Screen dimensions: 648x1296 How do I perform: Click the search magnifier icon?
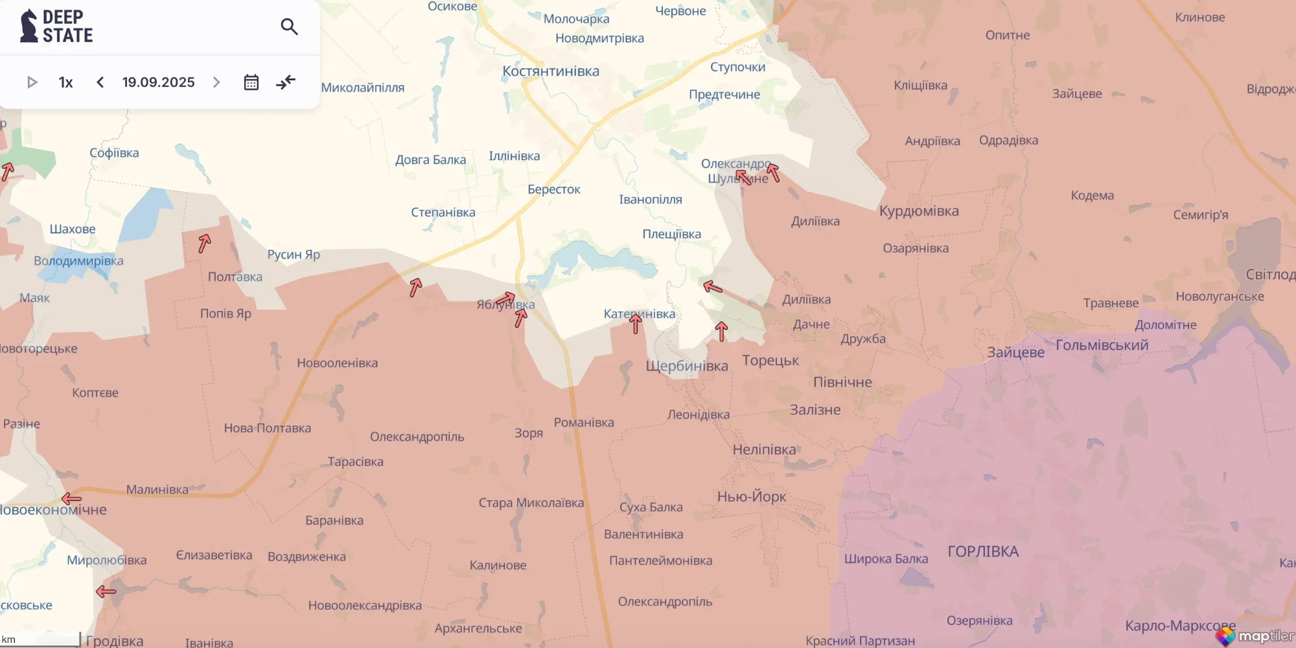pyautogui.click(x=289, y=27)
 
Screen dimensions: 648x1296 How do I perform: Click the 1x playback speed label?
pyautogui.click(x=65, y=82)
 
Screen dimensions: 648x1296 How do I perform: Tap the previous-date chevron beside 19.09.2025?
pyautogui.click(x=100, y=82)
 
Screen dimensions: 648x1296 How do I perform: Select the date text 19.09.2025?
pyautogui.click(x=158, y=82)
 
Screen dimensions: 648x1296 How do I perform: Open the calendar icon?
pyautogui.click(x=251, y=82)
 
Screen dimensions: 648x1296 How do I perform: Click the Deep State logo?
pyautogui.click(x=56, y=27)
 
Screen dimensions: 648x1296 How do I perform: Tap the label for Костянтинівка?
pyautogui.click(x=551, y=71)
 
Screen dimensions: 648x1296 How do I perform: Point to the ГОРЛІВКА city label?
pyautogui.click(x=983, y=551)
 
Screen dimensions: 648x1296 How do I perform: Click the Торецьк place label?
pyautogui.click(x=770, y=360)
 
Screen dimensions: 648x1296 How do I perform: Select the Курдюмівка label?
pyautogui.click(x=918, y=211)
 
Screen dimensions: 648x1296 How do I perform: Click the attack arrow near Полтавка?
pyautogui.click(x=205, y=243)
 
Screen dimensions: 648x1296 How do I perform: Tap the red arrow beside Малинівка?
pyautogui.click(x=71, y=498)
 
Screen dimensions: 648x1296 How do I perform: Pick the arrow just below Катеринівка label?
pyautogui.click(x=636, y=323)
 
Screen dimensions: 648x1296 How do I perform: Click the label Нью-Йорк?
pyautogui.click(x=751, y=497)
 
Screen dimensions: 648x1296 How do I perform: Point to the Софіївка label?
pyautogui.click(x=114, y=153)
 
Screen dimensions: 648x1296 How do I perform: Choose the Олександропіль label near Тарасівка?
pyautogui.click(x=417, y=437)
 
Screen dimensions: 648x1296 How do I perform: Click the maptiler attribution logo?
pyautogui.click(x=1255, y=636)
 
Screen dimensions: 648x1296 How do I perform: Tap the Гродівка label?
pyautogui.click(x=115, y=641)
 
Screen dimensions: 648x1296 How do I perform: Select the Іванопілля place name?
pyautogui.click(x=650, y=200)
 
